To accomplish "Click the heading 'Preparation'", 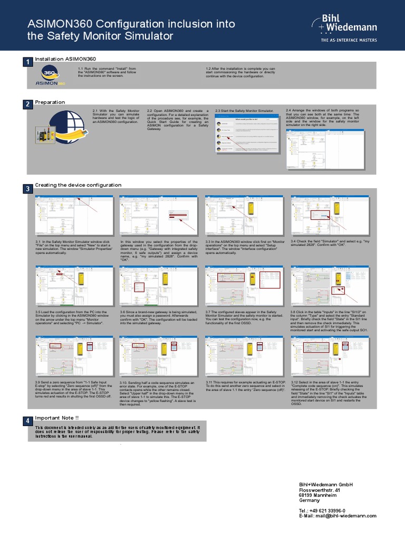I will click(x=50, y=102).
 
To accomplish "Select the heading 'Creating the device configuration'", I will click(x=78, y=185).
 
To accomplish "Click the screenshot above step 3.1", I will click(x=74, y=216).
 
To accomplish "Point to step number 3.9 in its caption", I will click(x=38, y=381).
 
